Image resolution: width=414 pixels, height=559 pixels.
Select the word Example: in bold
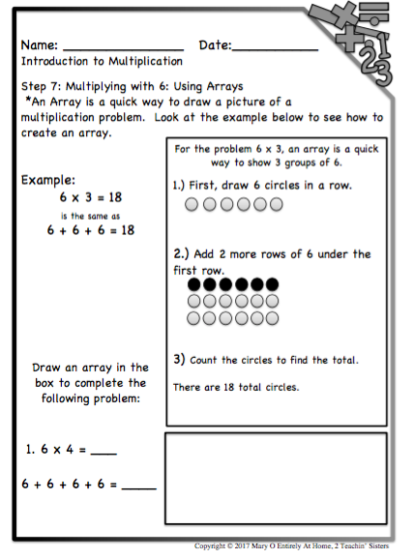[49, 181]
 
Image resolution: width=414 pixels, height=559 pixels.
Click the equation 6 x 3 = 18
[90, 197]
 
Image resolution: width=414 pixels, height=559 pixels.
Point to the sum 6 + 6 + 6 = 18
[90, 230]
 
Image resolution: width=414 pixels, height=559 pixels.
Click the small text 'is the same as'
[90, 215]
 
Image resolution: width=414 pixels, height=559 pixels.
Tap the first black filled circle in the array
[192, 286]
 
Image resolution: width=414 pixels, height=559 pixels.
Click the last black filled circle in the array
[273, 286]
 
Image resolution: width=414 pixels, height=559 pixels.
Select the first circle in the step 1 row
[192, 204]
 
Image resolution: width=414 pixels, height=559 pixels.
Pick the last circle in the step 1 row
[275, 204]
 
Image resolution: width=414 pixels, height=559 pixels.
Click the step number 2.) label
[184, 254]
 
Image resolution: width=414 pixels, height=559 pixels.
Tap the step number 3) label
[180, 359]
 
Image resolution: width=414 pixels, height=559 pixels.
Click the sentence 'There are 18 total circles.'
[236, 387]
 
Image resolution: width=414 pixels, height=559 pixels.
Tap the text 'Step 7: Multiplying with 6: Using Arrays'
[132, 86]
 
